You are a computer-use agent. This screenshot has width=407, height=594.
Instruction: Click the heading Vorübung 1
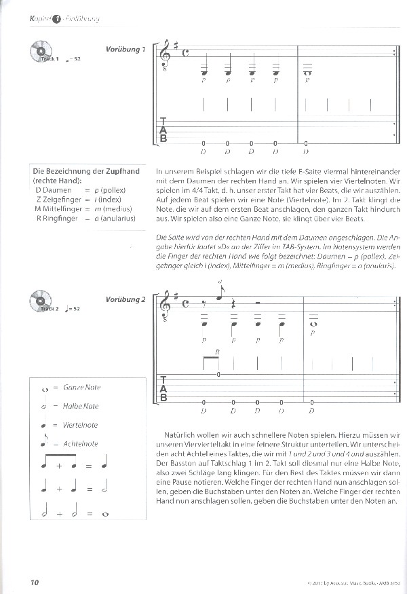(x=125, y=50)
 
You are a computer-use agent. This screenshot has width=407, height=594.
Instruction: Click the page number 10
(x=36, y=582)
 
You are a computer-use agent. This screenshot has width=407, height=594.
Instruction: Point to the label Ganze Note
(x=81, y=388)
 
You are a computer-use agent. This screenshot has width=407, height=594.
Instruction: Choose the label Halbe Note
(x=81, y=406)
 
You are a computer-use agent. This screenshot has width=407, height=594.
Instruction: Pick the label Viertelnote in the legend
(x=80, y=425)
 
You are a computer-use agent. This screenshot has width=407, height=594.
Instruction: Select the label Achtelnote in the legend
(x=80, y=444)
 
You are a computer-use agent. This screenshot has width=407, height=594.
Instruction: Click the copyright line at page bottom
(x=345, y=582)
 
